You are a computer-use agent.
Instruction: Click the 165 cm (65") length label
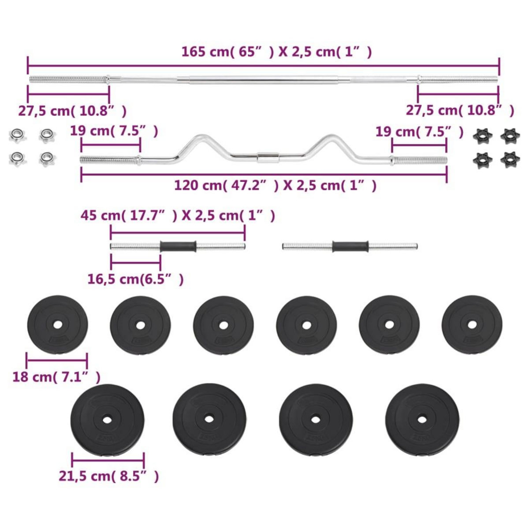[277, 52]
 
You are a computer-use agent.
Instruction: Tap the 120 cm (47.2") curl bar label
[275, 186]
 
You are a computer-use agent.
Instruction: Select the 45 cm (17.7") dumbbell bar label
[178, 216]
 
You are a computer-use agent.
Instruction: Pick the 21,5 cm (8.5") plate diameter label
[108, 476]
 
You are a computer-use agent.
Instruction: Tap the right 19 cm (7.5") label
[419, 131]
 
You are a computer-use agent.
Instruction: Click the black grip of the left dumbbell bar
[178, 246]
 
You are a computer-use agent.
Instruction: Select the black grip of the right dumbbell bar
[350, 246]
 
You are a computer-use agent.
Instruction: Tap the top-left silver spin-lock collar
[16, 135]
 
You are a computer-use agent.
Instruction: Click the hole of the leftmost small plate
[57, 325]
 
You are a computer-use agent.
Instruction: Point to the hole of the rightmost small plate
[472, 325]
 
